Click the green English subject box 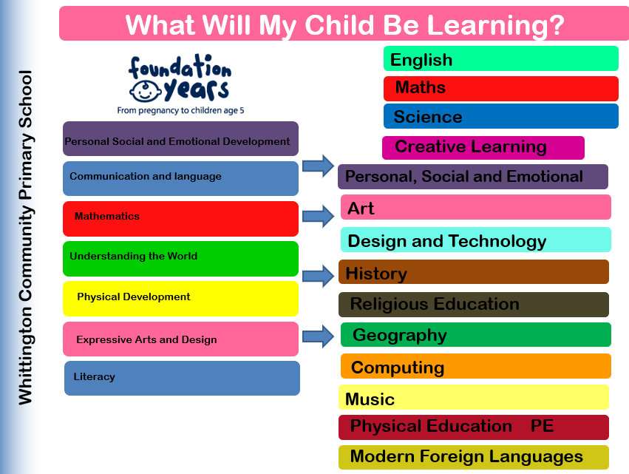click(501, 58)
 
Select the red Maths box click(501, 89)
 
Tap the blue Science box click(501, 116)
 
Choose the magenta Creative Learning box click(483, 148)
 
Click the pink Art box click(476, 207)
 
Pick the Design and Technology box click(476, 240)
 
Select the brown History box click(474, 271)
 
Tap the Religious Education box click(474, 305)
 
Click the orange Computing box click(476, 366)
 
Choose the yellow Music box click(474, 397)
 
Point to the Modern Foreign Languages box click(474, 457)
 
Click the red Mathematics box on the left click(180, 219)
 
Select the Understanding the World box click(180, 259)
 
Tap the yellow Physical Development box click(180, 299)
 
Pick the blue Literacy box click(182, 378)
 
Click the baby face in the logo click(145, 91)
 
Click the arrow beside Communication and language click(318, 166)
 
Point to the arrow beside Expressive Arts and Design click(318, 336)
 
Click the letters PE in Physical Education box click(542, 426)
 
